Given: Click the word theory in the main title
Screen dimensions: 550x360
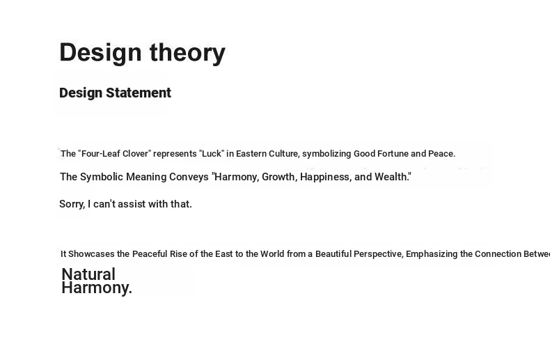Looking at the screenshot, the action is (x=187, y=53).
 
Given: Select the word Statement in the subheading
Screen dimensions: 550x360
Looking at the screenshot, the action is (x=139, y=93).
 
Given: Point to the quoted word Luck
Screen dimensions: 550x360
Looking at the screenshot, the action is (x=212, y=154).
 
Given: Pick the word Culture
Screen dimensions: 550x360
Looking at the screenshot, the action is (x=284, y=154).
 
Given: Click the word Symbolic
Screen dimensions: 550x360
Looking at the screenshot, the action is (x=102, y=177).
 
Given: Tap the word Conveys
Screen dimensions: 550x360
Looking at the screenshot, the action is (x=189, y=177).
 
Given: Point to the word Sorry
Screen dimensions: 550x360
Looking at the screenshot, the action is (x=72, y=204).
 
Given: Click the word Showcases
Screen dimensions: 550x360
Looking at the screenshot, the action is (x=91, y=254).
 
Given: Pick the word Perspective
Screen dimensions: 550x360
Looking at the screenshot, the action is (x=378, y=254).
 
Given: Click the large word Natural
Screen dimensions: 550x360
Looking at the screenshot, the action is (x=88, y=274).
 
